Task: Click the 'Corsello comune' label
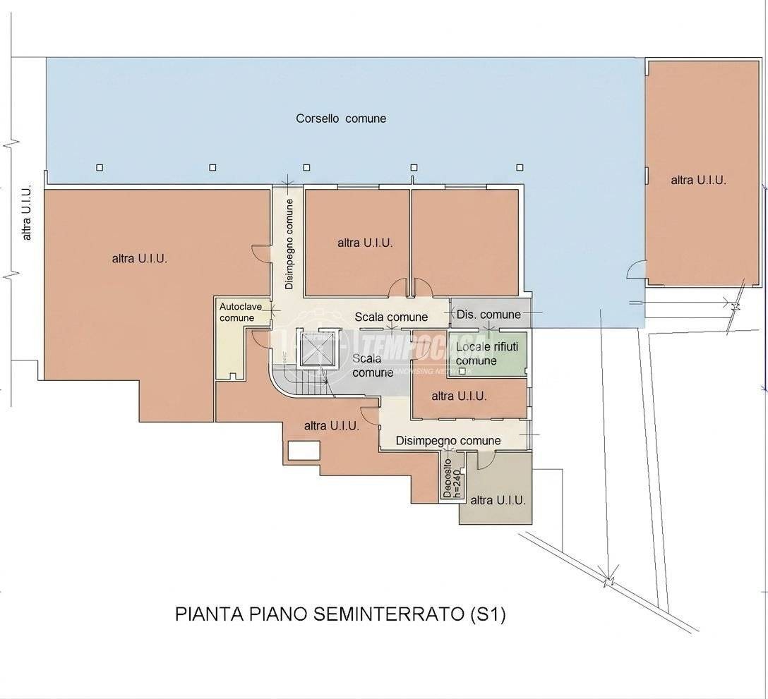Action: (341, 118)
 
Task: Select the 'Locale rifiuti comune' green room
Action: (488, 354)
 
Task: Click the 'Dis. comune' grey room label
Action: (488, 315)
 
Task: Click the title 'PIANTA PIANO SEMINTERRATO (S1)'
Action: (340, 614)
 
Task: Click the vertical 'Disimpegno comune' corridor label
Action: (289, 244)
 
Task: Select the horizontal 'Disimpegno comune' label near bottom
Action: (448, 441)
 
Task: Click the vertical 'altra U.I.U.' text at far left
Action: (26, 212)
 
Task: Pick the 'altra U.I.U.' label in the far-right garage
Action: (698, 180)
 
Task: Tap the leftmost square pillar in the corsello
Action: (100, 167)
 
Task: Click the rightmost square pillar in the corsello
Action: (520, 167)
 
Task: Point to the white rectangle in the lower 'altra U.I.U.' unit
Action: (304, 450)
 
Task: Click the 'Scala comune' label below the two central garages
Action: (391, 317)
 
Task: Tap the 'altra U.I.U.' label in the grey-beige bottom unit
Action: (498, 500)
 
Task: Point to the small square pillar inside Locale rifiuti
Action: (462, 371)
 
